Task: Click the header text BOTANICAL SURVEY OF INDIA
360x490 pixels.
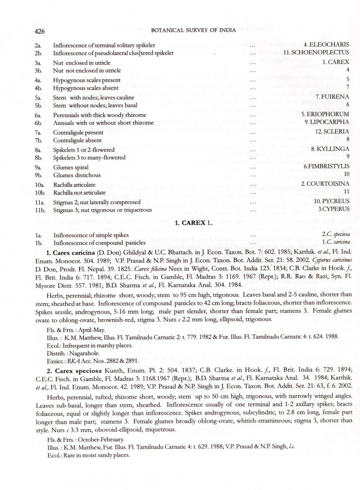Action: click(194, 30)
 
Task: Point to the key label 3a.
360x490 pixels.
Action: click(38, 63)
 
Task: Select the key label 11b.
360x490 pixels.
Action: click(40, 210)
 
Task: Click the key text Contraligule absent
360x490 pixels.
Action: click(78, 140)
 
